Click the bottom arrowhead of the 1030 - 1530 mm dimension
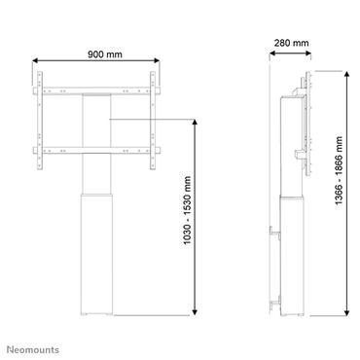(198, 313)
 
